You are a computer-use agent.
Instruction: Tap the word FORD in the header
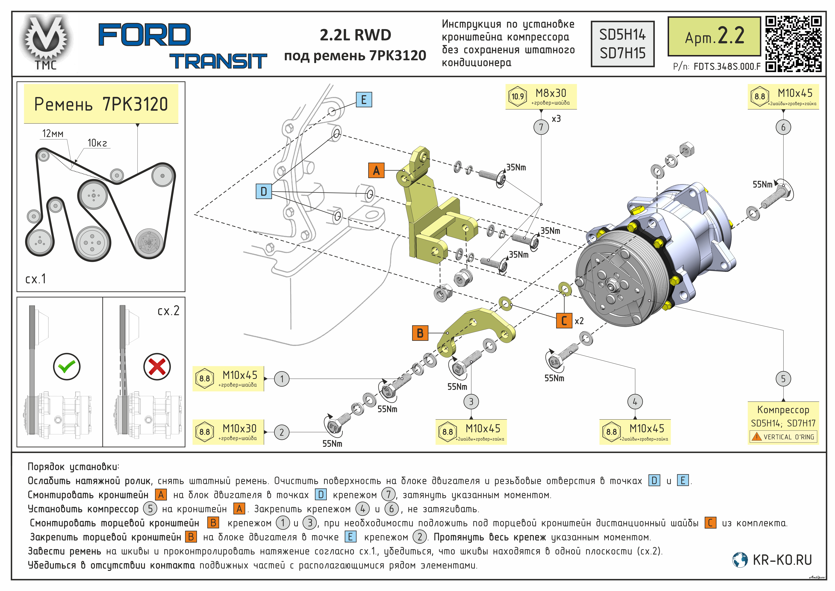coord(144,35)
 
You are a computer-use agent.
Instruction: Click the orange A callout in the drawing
coord(376,170)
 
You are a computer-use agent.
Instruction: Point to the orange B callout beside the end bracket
coord(420,333)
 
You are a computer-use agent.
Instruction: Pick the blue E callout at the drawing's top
coord(364,99)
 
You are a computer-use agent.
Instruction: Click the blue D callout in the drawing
coord(264,191)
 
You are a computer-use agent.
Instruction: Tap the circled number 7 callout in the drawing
coord(541,127)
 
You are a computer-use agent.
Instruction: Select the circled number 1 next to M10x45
coord(281,379)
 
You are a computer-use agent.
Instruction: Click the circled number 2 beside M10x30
coord(281,432)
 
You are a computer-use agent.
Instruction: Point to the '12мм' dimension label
coord(53,134)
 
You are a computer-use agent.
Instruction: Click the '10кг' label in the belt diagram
coord(97,143)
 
